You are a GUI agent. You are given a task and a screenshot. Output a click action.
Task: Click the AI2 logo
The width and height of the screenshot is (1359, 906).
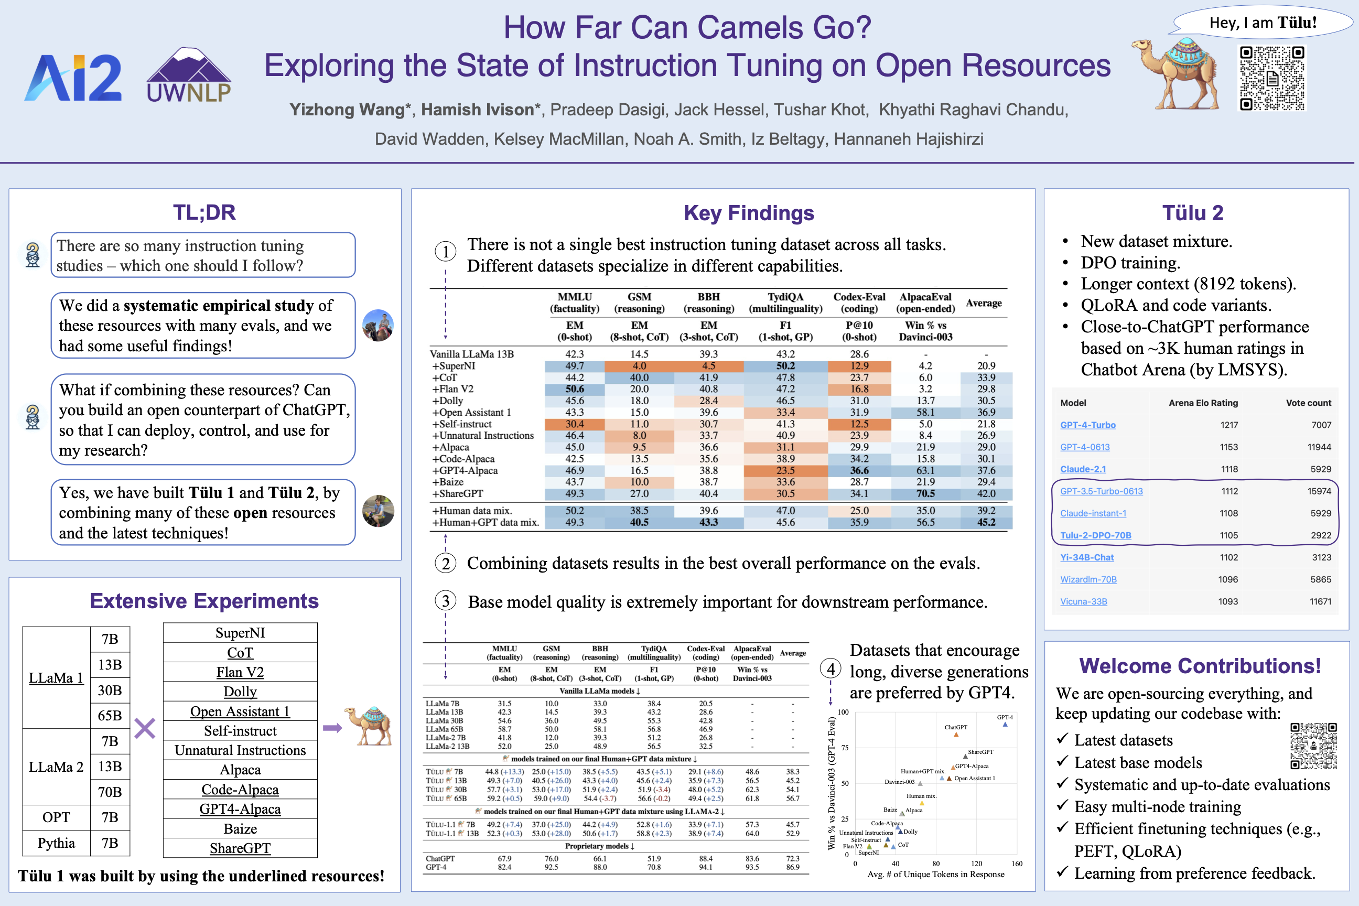(x=73, y=78)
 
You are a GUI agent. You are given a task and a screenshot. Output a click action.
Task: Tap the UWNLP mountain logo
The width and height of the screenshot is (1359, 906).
(x=188, y=75)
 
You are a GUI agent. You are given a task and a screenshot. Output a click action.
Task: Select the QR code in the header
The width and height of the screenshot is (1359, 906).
(x=1272, y=78)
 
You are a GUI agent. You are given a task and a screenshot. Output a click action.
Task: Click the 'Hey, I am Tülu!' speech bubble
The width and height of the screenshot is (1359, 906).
(x=1263, y=23)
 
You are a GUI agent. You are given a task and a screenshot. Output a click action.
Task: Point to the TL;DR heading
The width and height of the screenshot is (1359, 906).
(x=204, y=213)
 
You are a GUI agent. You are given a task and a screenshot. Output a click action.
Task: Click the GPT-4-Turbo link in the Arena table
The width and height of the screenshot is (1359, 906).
(x=1087, y=425)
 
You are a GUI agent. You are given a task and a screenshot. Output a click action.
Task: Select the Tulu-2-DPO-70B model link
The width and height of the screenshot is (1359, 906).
(x=1095, y=535)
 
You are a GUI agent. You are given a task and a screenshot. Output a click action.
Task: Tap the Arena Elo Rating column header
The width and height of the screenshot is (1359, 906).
(x=1203, y=403)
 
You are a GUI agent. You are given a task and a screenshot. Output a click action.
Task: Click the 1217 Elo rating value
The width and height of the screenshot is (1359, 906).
(x=1229, y=425)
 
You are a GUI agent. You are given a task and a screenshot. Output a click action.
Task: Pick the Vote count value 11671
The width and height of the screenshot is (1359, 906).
(x=1320, y=601)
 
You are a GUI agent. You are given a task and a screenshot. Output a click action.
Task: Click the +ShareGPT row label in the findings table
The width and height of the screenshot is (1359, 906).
(x=458, y=493)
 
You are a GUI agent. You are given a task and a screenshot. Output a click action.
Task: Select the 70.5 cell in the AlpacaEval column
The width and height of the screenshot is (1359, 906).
(x=925, y=493)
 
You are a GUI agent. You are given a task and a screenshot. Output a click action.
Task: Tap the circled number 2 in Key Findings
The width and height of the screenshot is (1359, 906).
(x=446, y=563)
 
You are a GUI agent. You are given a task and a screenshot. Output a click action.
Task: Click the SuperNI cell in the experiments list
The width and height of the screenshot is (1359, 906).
(x=240, y=633)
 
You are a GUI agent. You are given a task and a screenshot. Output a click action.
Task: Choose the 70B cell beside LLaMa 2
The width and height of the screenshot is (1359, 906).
(x=110, y=792)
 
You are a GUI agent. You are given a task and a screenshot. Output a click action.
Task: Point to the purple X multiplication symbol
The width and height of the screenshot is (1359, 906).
(x=145, y=728)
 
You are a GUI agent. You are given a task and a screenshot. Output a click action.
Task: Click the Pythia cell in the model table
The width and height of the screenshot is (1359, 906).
(x=56, y=843)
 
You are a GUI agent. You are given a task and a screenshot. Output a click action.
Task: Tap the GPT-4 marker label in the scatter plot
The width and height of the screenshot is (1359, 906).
(x=1005, y=717)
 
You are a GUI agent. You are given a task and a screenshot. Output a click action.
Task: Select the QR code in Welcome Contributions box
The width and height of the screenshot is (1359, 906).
(x=1313, y=746)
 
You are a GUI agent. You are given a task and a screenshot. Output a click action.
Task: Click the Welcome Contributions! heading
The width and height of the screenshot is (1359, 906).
(x=1200, y=666)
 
